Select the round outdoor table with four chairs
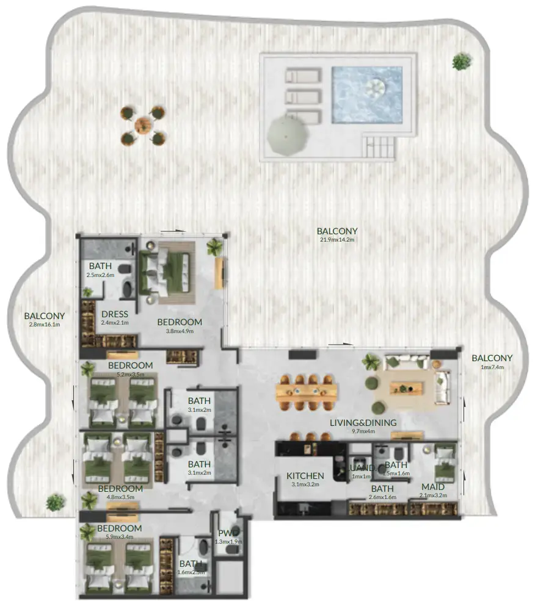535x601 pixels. point(143,125)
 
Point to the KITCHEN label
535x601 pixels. point(305,476)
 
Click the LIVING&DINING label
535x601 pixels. point(363,422)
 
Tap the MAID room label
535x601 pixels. point(432,487)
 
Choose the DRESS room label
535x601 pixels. point(114,314)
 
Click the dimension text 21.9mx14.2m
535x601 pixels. point(337,240)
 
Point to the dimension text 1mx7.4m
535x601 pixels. point(492,367)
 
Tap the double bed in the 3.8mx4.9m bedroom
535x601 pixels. point(167,268)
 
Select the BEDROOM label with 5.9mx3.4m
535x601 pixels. point(119,528)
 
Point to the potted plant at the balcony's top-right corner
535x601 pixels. point(462,62)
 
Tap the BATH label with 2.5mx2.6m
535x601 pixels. point(100,266)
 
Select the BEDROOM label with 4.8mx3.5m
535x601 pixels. point(120,489)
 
